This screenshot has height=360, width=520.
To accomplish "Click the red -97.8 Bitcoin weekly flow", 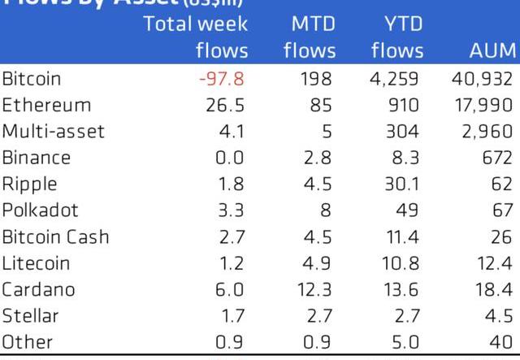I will point(221,80).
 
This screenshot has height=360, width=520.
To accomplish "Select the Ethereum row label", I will point(46,106).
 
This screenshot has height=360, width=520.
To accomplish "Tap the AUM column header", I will point(492,50).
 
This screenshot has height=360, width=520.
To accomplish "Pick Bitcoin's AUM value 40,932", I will point(481,80).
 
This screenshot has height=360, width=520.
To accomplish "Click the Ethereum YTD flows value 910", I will point(403,106).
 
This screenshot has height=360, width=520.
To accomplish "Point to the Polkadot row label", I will point(41,210).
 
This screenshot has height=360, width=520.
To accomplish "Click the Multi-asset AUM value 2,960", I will point(485,132).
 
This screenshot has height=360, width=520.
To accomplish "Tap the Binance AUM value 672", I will point(497,158).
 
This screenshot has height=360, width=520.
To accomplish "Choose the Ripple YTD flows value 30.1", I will point(401,184).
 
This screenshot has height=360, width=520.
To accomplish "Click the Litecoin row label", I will point(37,263).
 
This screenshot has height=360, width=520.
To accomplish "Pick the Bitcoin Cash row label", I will point(55,237).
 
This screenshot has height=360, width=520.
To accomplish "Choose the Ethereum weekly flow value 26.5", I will point(227,106).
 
